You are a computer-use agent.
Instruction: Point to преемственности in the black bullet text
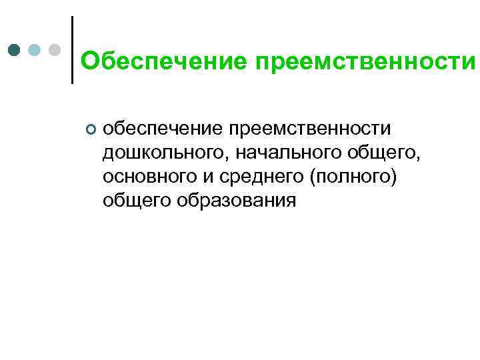[x=317, y=127]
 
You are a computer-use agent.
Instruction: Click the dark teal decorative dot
[x=14, y=50]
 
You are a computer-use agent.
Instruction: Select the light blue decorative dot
[x=35, y=50]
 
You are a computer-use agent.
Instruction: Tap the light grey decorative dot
[x=55, y=50]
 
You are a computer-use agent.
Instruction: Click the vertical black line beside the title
[x=71, y=50]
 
